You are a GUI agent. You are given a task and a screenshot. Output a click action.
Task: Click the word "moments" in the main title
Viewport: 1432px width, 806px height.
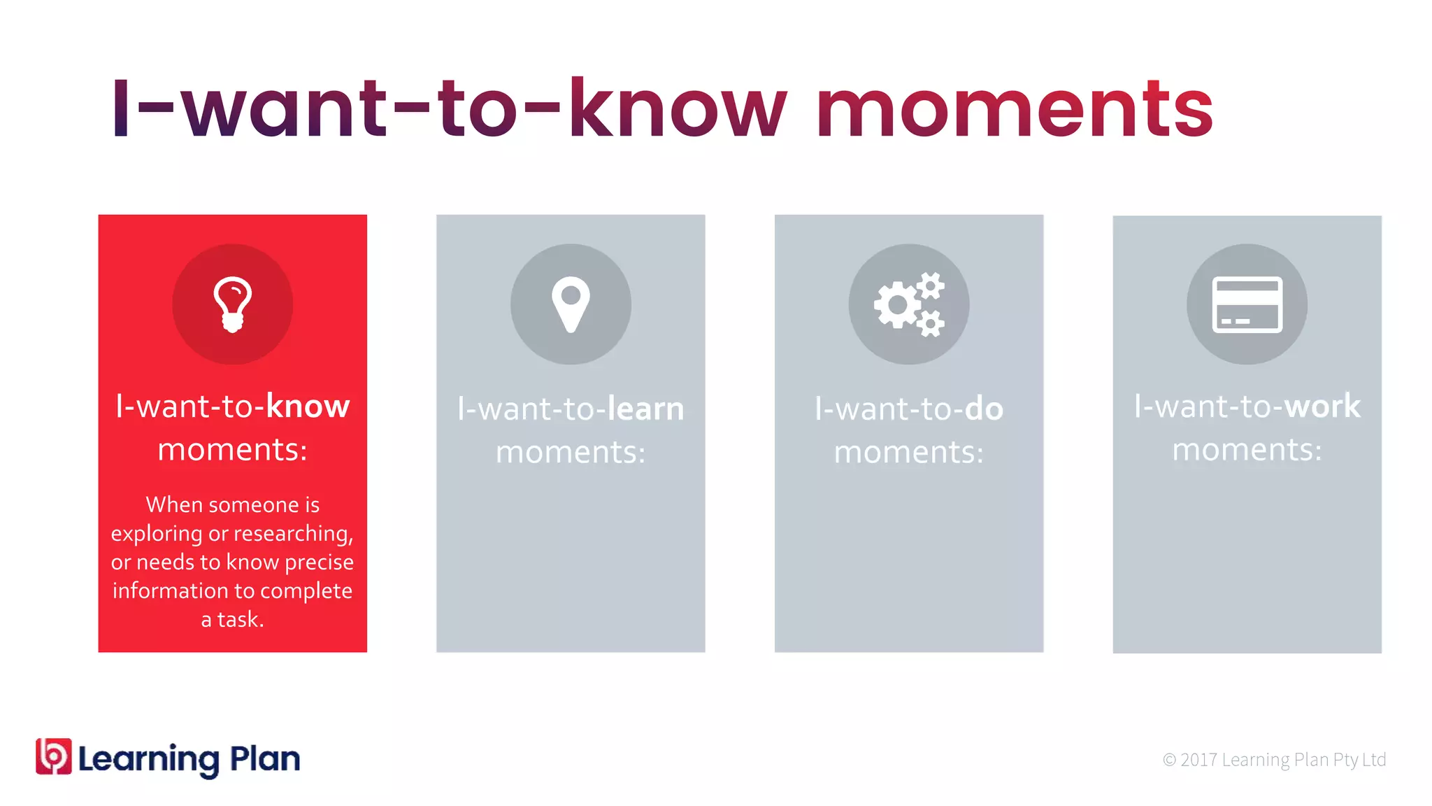(x=1014, y=109)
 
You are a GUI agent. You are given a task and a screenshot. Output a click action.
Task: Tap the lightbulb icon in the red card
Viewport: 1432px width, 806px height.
(x=233, y=304)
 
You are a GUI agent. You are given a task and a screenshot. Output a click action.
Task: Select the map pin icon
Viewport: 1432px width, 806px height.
(x=571, y=304)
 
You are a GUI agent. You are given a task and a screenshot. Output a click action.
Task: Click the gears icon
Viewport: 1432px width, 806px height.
(x=909, y=304)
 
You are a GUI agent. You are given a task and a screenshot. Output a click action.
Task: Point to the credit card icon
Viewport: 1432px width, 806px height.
(x=1247, y=304)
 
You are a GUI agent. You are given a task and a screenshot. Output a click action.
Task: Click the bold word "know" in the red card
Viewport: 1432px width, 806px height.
(x=308, y=406)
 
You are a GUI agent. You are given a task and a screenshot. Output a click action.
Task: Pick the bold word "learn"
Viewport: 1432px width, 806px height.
(x=645, y=409)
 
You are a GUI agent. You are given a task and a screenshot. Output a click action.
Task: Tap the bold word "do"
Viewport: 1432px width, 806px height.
(x=984, y=409)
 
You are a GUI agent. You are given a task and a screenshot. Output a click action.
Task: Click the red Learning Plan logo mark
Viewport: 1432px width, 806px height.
(x=54, y=756)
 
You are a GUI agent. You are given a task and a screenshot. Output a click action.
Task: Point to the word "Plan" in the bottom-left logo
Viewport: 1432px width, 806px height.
(x=265, y=759)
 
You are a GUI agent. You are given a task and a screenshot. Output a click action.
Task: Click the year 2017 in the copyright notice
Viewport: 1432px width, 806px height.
(x=1198, y=760)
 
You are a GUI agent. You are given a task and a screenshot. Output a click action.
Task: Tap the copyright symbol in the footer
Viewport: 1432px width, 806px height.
(x=1169, y=760)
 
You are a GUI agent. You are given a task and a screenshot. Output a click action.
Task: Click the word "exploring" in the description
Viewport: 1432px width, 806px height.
(x=157, y=534)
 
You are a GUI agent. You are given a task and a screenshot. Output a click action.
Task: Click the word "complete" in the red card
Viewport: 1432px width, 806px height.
(x=310, y=591)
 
